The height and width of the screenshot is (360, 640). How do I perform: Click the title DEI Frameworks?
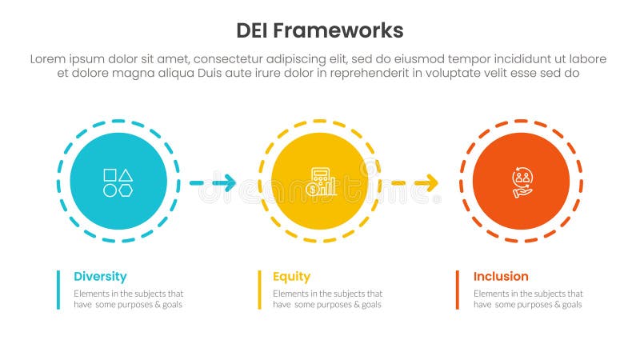pos(320,30)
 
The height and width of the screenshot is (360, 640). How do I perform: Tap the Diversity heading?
pos(100,276)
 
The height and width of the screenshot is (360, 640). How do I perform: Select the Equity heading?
pos(291,276)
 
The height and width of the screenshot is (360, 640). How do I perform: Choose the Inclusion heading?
pos(501,276)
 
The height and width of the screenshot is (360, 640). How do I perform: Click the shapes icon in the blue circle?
pos(118,182)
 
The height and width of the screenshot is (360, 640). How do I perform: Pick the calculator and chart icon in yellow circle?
pos(320,182)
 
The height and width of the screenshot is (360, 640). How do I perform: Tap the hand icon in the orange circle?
pos(522,182)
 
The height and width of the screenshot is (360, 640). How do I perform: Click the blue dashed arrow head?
pos(229,183)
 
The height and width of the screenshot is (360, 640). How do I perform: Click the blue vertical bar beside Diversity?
pos(58,290)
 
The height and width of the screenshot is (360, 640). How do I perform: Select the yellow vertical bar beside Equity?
pos(259,290)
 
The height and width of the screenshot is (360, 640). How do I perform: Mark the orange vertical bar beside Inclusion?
pos(458,290)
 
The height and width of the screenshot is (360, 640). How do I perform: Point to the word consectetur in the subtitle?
pos(232,58)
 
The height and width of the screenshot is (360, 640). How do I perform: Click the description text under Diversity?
pos(129,299)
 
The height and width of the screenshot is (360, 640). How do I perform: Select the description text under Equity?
pos(327,299)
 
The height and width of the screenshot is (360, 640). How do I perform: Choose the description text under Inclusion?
pos(527,299)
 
